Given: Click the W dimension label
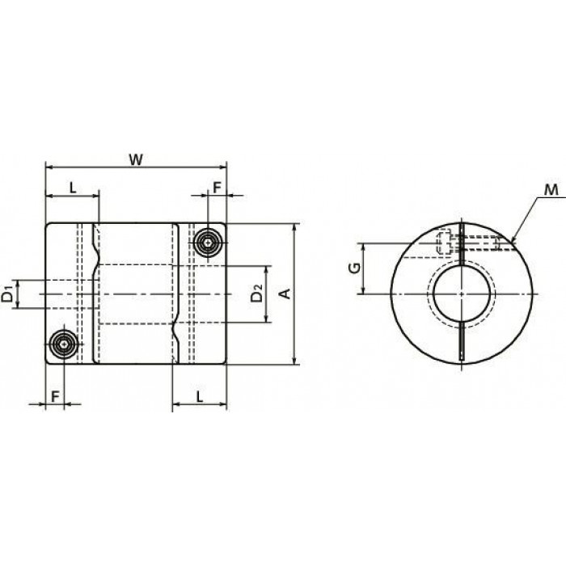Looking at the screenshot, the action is [x=136, y=159].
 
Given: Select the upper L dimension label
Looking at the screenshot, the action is [x=73, y=188].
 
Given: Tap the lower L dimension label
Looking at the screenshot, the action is [x=200, y=396].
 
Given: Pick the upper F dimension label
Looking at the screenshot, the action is [x=217, y=188].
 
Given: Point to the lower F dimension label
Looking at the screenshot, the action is [x=55, y=396].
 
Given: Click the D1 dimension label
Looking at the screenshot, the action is [x=7, y=294].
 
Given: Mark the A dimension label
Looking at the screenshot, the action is [x=285, y=294].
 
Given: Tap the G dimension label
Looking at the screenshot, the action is [x=355, y=268].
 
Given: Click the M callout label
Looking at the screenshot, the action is [x=551, y=190].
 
